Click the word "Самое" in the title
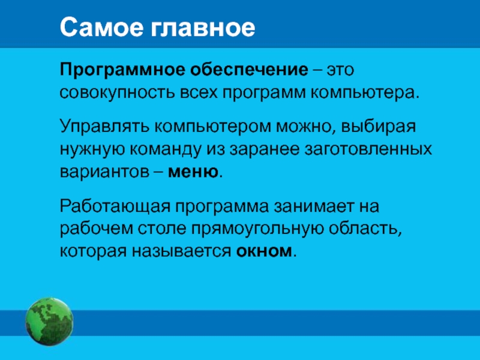click(101, 27)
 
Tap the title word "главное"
click(202, 28)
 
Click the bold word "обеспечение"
click(249, 70)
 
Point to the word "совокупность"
click(118, 93)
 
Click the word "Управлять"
click(104, 127)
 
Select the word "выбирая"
click(379, 127)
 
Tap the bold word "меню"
click(193, 172)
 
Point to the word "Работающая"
click(115, 206)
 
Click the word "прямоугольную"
click(258, 229)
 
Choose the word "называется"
click(182, 251)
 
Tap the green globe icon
click(49, 322)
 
